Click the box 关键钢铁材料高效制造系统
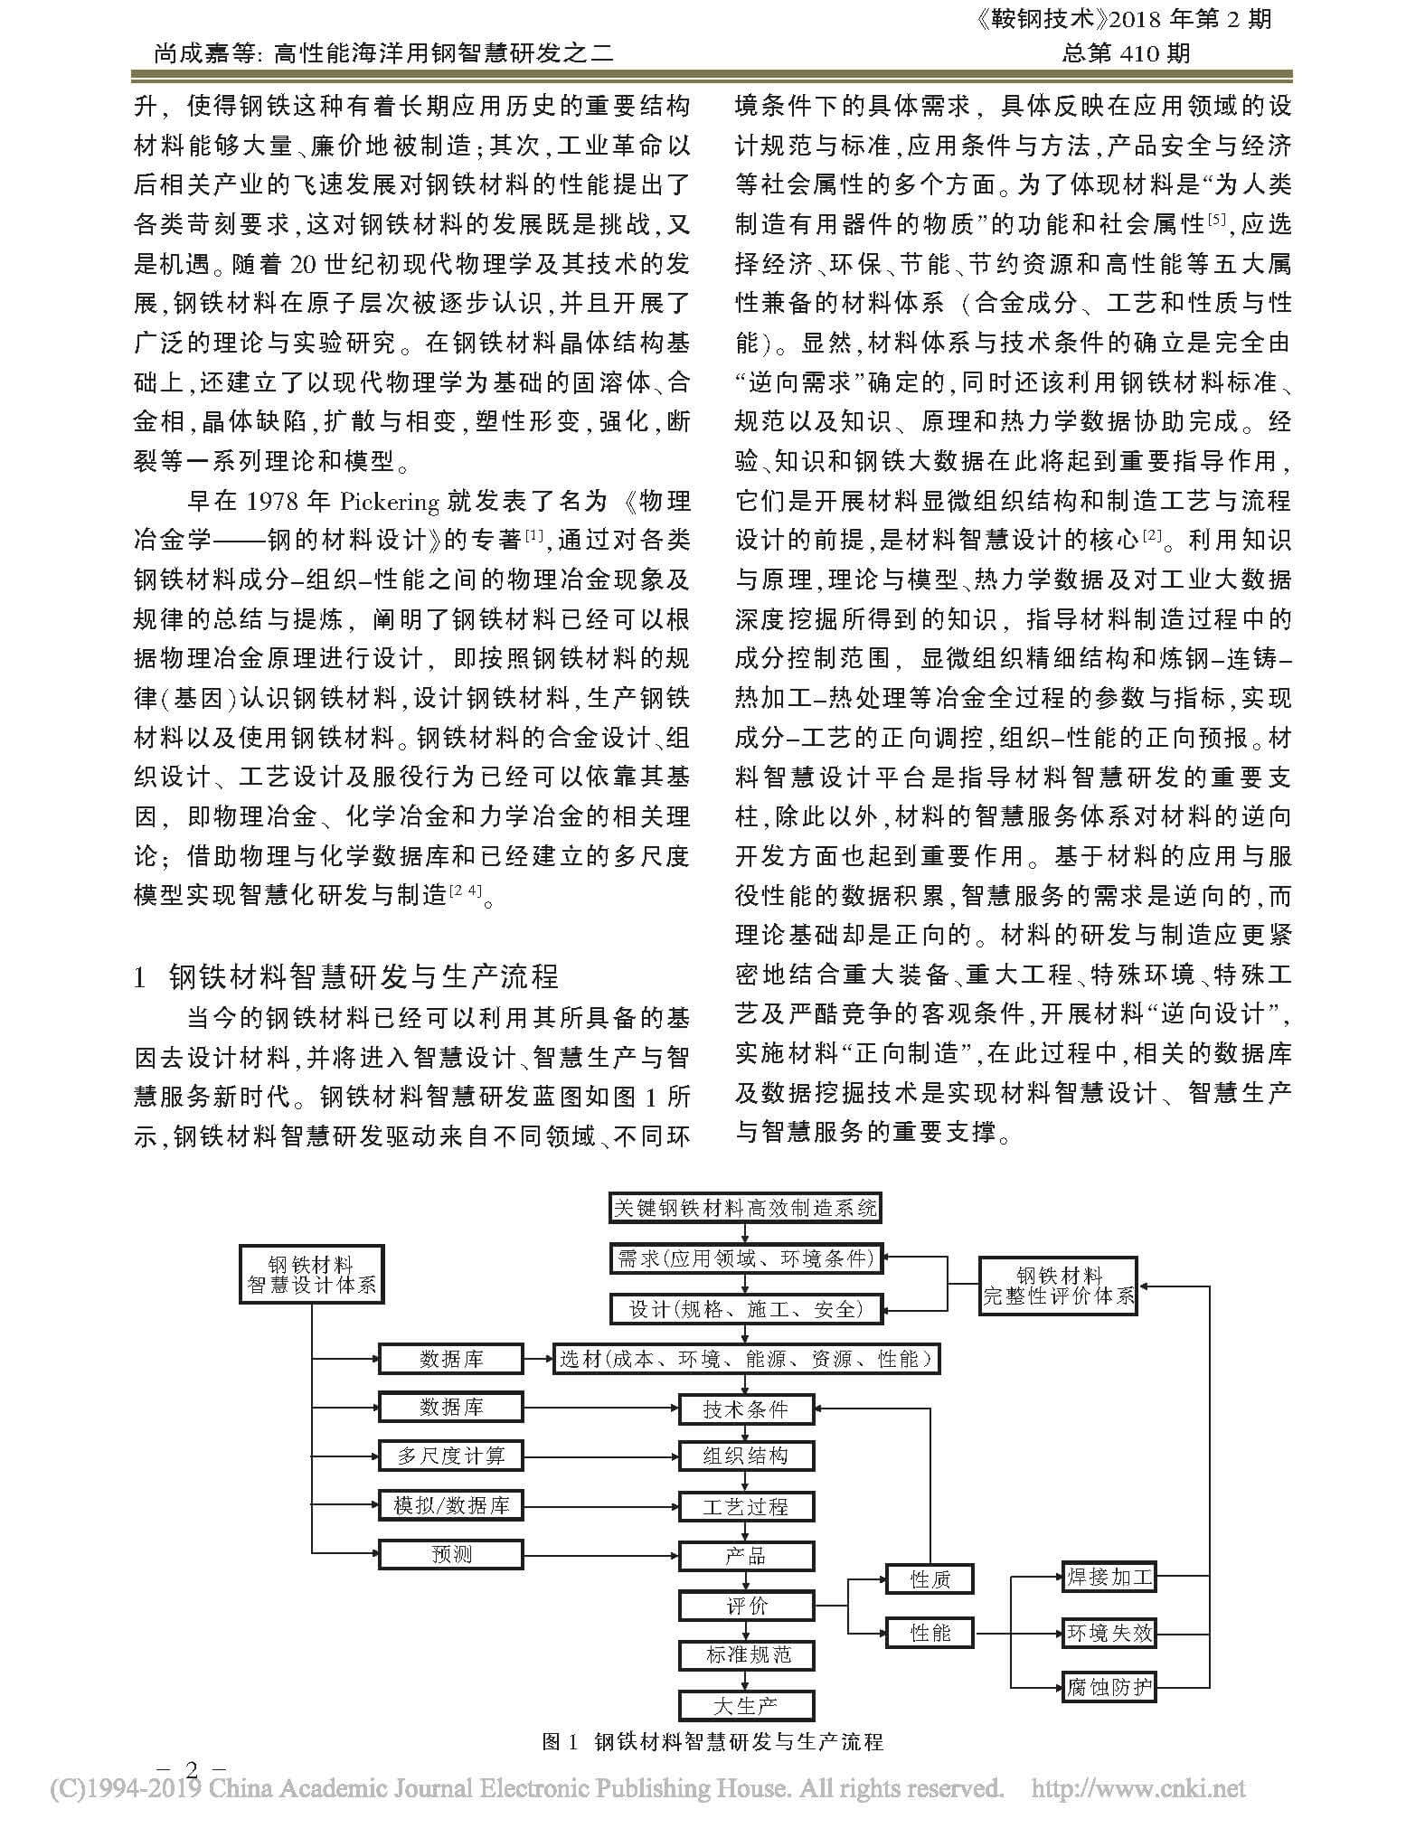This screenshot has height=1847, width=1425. click(744, 1209)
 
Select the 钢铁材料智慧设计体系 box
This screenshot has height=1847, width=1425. click(312, 1274)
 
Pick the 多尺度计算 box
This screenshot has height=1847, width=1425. click(450, 1456)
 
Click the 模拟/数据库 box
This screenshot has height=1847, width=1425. click(450, 1505)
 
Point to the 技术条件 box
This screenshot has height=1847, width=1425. click(746, 1409)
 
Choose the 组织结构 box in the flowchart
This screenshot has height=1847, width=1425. click(746, 1456)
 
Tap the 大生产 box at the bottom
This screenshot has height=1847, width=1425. click(746, 1706)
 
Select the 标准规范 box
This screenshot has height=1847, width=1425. click(746, 1655)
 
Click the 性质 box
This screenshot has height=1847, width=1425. click(930, 1579)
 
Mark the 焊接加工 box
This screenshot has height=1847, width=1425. click(1109, 1578)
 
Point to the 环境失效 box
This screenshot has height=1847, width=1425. click(1109, 1632)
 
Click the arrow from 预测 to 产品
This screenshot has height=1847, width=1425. click(601, 1555)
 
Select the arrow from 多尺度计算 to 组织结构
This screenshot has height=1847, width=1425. click(601, 1456)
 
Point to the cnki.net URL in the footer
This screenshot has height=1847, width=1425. click(1138, 1788)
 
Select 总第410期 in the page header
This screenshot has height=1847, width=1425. click(1126, 53)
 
